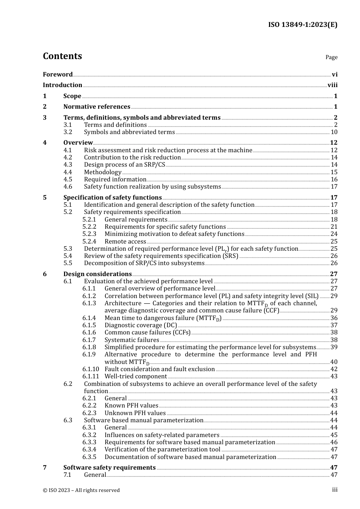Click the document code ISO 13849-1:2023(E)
coord(302,25)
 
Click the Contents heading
coord(62,56)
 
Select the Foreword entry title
coord(58,75)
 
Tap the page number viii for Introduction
coord(332,85)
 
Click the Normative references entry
coord(97,107)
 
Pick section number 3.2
coord(68,132)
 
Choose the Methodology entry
coord(103,172)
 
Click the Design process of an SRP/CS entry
coord(125,165)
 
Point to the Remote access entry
coord(125,242)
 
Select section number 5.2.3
coord(89,234)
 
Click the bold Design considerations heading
coord(97,274)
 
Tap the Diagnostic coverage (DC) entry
coord(141,325)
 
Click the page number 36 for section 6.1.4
coord(334,318)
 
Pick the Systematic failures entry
coord(132,340)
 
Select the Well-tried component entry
coord(136,376)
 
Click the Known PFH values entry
coord(131,406)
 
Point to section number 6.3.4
coord(89,450)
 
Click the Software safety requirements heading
coord(110,468)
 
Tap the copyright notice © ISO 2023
coord(81,490)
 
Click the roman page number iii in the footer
coord(335,490)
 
